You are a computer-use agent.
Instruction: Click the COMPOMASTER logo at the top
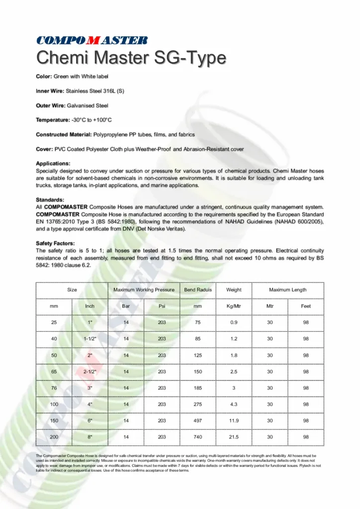(x=91, y=40)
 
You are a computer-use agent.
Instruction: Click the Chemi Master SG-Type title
(x=131, y=58)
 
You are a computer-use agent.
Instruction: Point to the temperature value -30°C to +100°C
(x=91, y=120)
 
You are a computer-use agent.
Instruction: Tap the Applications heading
(x=53, y=163)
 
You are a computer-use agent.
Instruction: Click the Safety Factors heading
(x=55, y=243)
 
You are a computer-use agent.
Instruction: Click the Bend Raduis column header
(x=198, y=290)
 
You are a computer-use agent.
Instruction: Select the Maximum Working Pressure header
(x=144, y=290)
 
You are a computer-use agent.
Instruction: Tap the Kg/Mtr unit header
(x=234, y=306)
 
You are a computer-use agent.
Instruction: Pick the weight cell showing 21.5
(x=234, y=437)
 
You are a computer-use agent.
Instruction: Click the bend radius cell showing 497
(x=198, y=421)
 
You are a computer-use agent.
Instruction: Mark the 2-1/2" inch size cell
(x=90, y=371)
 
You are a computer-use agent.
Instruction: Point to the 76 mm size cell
(x=54, y=388)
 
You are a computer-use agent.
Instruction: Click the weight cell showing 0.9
(x=234, y=323)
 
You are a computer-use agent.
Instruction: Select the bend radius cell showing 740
(x=198, y=437)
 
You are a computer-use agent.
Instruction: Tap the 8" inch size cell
(x=90, y=437)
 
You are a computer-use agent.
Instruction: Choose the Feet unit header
(x=306, y=306)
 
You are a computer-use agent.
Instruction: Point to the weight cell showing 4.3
(x=234, y=404)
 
